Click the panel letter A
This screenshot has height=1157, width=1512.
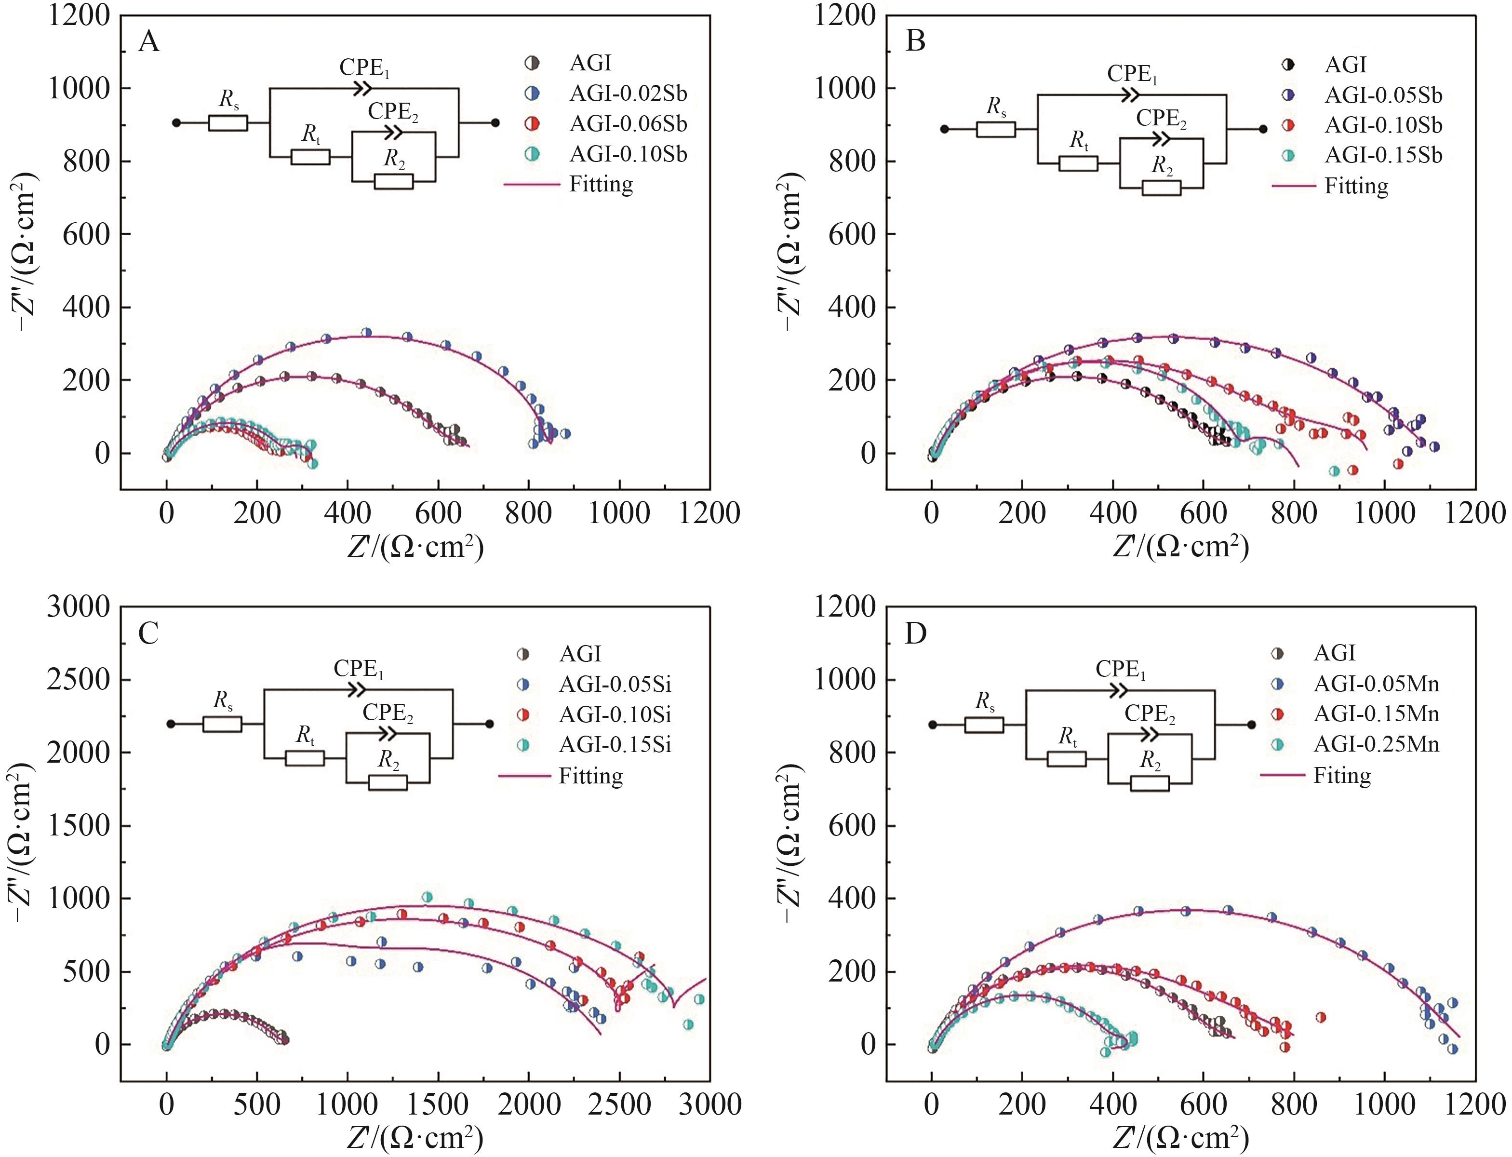click(x=149, y=43)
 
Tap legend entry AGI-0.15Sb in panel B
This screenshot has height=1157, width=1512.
click(x=1382, y=156)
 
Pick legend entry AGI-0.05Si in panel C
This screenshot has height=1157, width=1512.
click(x=614, y=684)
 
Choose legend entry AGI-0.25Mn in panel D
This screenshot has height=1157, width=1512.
click(x=1376, y=744)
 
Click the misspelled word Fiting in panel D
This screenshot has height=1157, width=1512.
click(x=1342, y=776)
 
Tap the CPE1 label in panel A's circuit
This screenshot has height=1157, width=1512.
click(x=364, y=68)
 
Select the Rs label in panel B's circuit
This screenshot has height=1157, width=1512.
click(x=996, y=107)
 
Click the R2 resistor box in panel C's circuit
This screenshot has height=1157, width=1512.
click(x=388, y=782)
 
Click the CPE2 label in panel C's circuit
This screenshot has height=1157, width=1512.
click(x=388, y=713)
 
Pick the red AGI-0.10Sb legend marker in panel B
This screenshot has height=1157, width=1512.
click(x=1288, y=125)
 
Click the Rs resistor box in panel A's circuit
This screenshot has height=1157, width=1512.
click(x=228, y=123)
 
